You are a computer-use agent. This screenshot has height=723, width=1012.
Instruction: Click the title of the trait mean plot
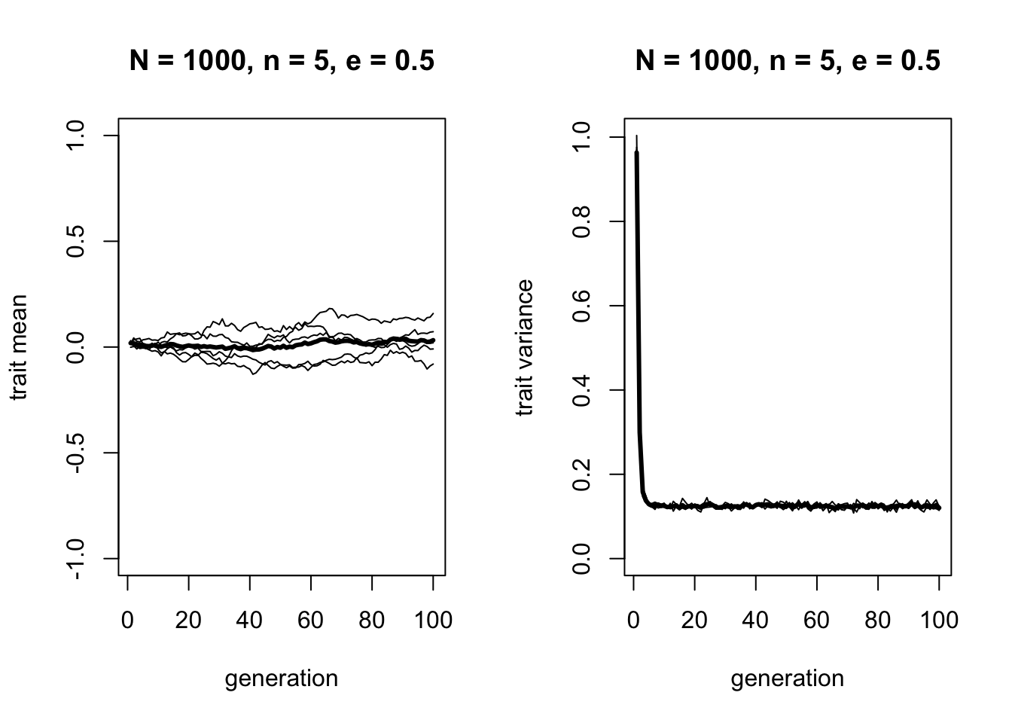pyautogui.click(x=282, y=61)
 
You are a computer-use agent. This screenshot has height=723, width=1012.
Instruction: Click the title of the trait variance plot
pyautogui.click(x=788, y=61)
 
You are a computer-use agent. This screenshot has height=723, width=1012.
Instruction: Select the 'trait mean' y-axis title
pyautogui.click(x=20, y=347)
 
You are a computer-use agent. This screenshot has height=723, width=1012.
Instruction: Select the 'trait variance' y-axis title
pyautogui.click(x=525, y=347)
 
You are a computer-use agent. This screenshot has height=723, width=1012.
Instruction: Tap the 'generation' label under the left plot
pyautogui.click(x=282, y=679)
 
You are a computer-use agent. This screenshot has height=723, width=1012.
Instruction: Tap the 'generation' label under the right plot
pyautogui.click(x=788, y=679)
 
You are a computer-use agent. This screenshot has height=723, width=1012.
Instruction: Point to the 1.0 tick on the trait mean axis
pyautogui.click(x=75, y=136)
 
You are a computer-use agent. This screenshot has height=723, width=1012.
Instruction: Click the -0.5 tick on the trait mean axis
pyautogui.click(x=75, y=453)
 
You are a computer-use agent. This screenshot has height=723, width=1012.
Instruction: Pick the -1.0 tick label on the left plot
pyautogui.click(x=75, y=558)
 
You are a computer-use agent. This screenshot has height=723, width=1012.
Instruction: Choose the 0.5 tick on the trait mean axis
pyautogui.click(x=75, y=241)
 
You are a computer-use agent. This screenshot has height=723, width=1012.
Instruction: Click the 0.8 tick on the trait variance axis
pyautogui.click(x=581, y=221)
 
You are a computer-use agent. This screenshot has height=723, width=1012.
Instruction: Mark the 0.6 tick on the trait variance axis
pyautogui.click(x=581, y=306)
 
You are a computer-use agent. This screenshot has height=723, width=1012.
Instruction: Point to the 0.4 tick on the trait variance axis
pyautogui.click(x=581, y=390)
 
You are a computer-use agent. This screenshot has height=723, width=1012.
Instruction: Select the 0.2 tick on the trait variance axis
pyautogui.click(x=581, y=474)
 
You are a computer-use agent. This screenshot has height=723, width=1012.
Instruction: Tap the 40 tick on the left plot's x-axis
pyautogui.click(x=250, y=620)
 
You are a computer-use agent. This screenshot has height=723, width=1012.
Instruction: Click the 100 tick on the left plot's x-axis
pyautogui.click(x=434, y=620)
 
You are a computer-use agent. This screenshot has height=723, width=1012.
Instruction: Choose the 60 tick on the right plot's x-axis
pyautogui.click(x=817, y=620)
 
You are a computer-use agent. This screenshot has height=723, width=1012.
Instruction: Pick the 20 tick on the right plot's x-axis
pyautogui.click(x=694, y=620)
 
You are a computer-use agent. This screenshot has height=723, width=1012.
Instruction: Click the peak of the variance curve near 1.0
pyautogui.click(x=637, y=138)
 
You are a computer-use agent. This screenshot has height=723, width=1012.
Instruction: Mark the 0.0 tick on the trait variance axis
pyautogui.click(x=581, y=558)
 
